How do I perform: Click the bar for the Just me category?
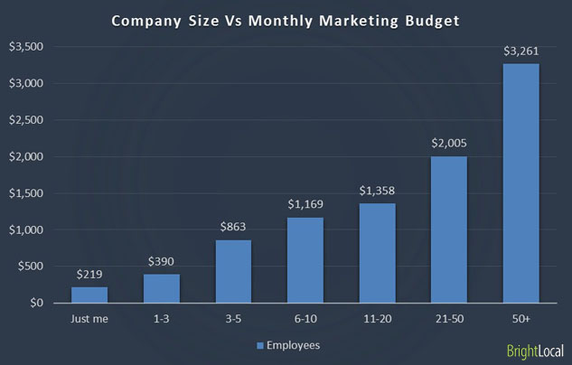click(x=89, y=295)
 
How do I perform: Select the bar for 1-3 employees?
click(x=161, y=288)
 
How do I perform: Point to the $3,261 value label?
click(x=520, y=51)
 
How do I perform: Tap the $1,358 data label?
click(x=377, y=191)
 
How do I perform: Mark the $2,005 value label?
click(x=449, y=144)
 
